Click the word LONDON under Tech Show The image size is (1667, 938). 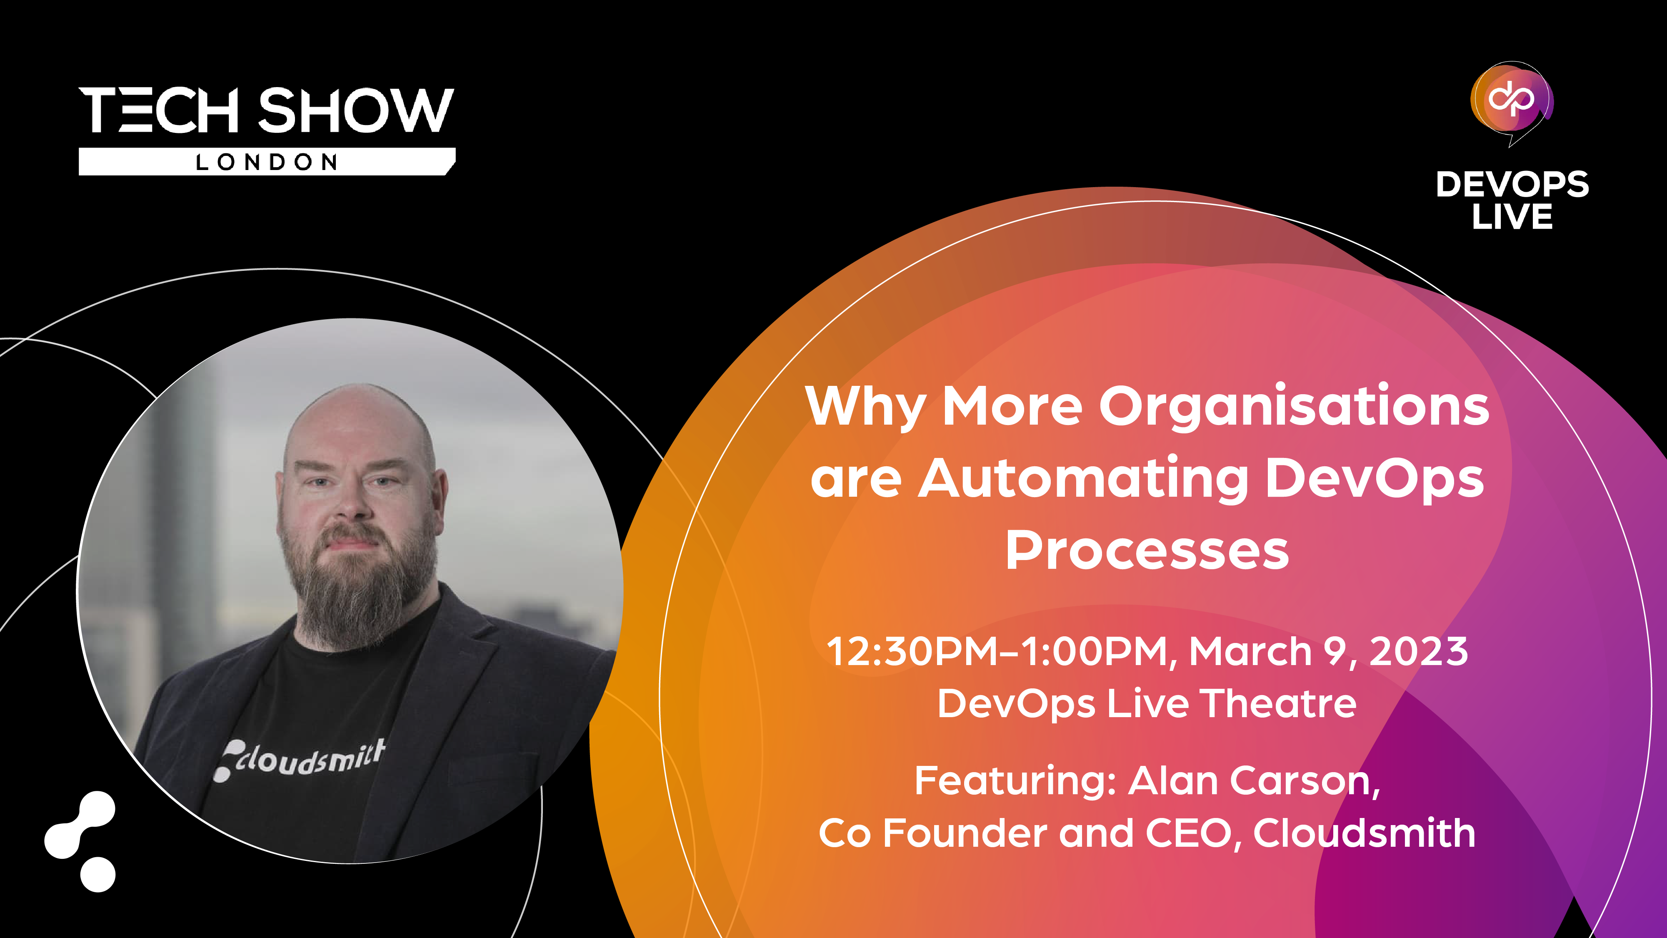(x=267, y=162)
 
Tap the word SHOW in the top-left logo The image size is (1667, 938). (x=356, y=110)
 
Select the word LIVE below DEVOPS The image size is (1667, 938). (x=1512, y=216)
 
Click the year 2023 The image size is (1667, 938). (x=1419, y=651)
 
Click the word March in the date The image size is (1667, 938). (x=1250, y=651)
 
